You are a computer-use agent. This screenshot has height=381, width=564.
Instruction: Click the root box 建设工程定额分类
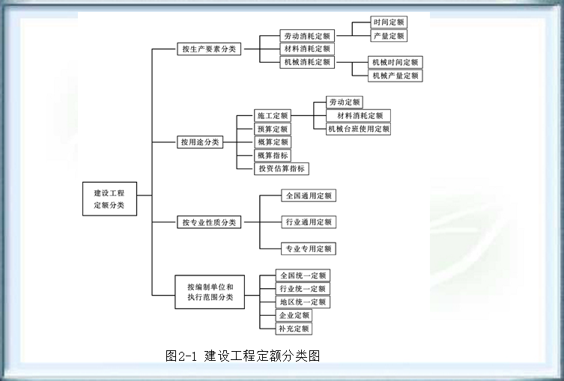tap(109, 198)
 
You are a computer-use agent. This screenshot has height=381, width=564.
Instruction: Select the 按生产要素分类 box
tap(208, 49)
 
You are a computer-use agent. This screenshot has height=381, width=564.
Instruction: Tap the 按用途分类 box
tap(200, 141)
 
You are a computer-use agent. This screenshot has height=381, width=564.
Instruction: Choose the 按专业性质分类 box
tap(209, 222)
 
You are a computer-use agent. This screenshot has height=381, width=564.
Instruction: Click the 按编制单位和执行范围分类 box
tap(210, 292)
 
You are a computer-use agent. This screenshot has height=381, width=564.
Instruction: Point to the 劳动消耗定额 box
tap(306, 35)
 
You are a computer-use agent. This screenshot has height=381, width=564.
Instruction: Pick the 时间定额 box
tap(389, 22)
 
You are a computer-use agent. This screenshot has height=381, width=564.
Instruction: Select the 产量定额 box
tap(389, 35)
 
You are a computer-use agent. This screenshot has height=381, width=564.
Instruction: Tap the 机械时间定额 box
tap(395, 62)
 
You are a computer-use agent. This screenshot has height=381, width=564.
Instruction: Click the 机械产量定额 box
tap(395, 76)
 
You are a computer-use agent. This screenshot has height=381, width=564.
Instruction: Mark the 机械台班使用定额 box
tap(358, 129)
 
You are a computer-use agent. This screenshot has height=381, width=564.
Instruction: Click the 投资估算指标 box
tap(282, 168)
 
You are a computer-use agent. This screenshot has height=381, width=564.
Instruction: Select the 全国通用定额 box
tap(308, 195)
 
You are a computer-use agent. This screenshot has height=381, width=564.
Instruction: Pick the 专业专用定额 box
tap(308, 249)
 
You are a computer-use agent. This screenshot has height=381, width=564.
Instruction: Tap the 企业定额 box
tap(294, 315)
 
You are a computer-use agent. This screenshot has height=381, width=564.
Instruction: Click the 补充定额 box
tap(294, 329)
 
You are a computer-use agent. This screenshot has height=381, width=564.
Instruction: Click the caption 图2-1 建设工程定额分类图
tap(243, 356)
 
